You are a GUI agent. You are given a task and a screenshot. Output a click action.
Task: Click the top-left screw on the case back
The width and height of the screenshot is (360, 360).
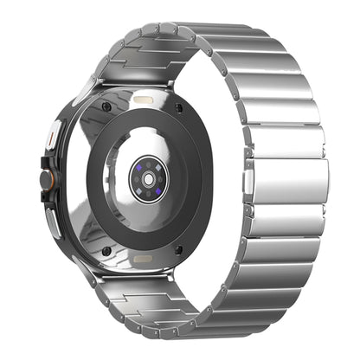click(106, 106)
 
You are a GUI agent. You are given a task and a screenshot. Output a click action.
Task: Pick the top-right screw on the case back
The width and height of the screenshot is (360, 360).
click(179, 107)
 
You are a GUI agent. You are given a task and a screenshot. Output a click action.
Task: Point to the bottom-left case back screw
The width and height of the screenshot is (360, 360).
click(106, 251)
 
